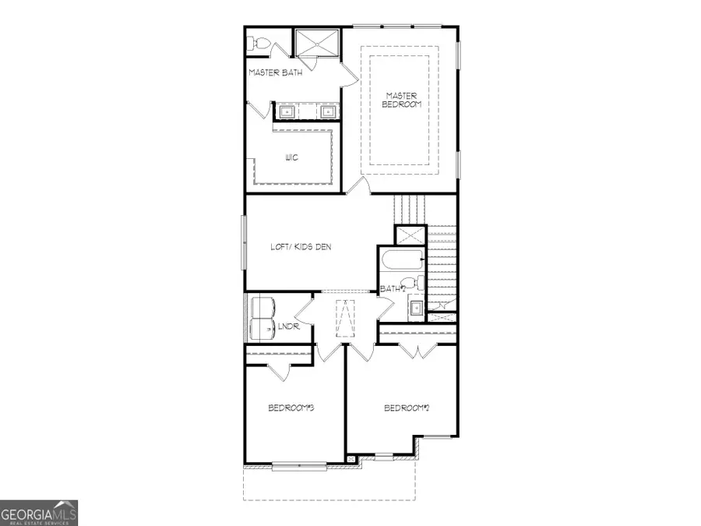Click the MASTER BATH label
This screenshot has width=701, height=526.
[x=275, y=72]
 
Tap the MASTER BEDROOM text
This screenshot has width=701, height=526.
[x=401, y=100]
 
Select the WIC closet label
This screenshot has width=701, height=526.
[x=292, y=157]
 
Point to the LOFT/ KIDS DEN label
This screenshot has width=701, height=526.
[x=301, y=247]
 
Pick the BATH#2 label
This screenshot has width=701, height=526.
[x=393, y=289]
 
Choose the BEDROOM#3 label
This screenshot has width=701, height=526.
[x=291, y=408]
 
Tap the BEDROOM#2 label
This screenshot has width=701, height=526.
[x=407, y=408]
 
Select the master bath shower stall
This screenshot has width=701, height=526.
[x=318, y=43]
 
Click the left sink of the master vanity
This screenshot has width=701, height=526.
[x=286, y=112]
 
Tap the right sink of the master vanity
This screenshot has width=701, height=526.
[x=328, y=112]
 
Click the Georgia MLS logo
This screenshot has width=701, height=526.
[x=39, y=514]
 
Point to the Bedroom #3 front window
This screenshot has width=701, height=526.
[x=298, y=466]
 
